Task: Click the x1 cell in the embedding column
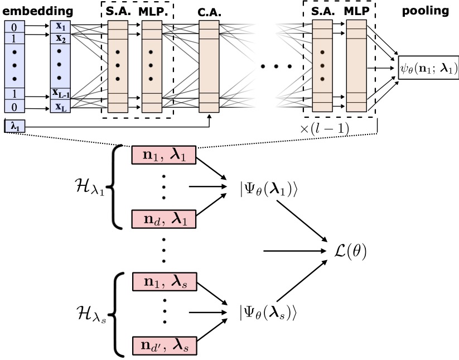coord(61,26)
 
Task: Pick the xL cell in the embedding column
coord(61,108)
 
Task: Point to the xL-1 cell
coord(61,93)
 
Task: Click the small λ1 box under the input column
coord(11,126)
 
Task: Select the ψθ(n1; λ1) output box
coord(428,68)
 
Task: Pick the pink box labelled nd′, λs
coord(163,345)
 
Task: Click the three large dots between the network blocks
coord(276,67)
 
